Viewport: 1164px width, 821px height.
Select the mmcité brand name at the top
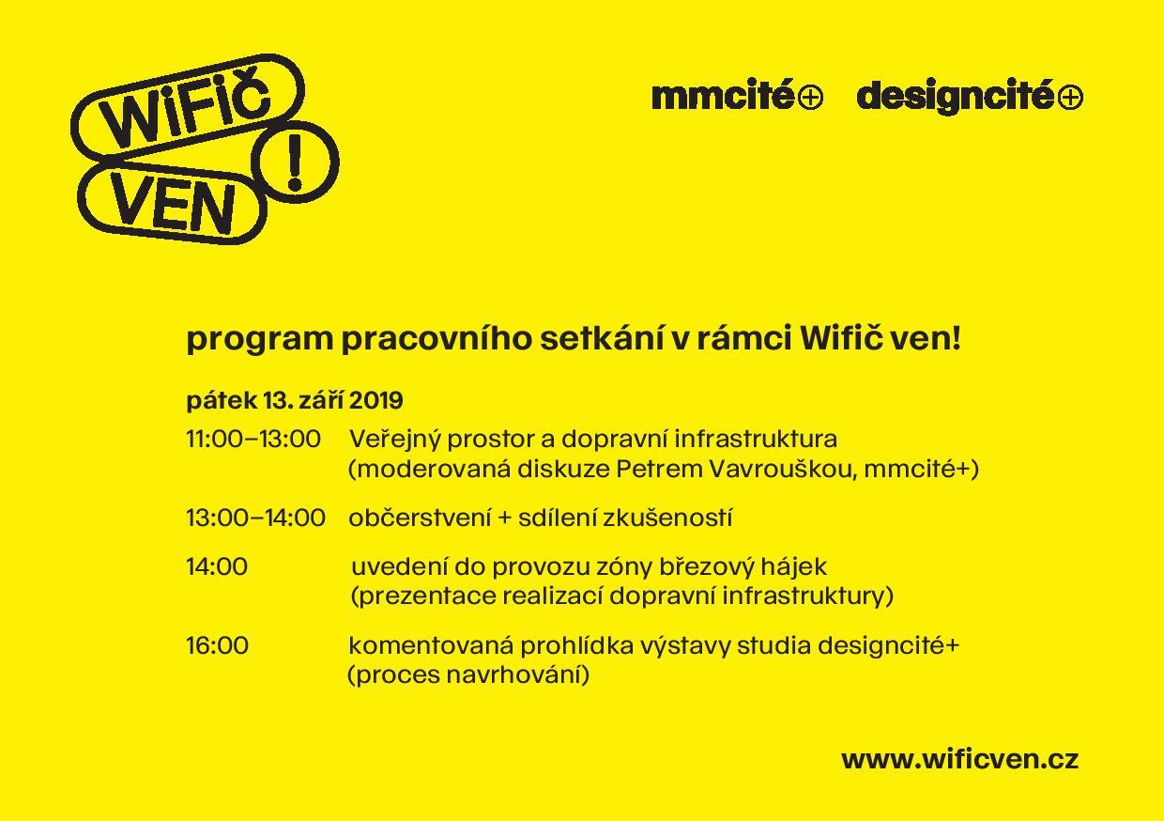tap(723, 96)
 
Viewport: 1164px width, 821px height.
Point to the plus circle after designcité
tap(1070, 98)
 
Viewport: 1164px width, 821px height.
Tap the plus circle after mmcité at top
tap(810, 98)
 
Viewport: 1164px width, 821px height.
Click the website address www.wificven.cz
tap(959, 759)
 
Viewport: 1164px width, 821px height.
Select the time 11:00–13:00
tap(253, 439)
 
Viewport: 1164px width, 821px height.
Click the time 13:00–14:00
tap(255, 518)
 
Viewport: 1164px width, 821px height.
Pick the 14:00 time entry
tap(217, 566)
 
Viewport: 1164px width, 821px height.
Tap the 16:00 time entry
tap(217, 645)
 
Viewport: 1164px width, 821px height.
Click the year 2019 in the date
tap(375, 400)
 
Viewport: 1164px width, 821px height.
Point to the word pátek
tap(222, 401)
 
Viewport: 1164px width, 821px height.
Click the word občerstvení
tap(420, 518)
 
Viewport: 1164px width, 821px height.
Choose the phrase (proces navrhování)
tap(468, 674)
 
